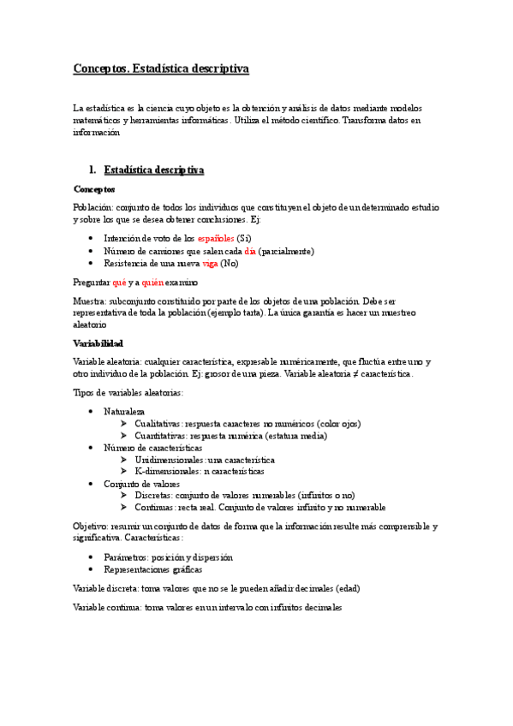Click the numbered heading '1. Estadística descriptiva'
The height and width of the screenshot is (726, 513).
153,170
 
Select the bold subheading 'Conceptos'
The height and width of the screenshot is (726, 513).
94,189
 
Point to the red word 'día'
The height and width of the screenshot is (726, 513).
250,251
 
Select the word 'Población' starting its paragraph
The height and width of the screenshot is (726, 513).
92,207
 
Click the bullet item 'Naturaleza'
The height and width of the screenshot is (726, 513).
125,411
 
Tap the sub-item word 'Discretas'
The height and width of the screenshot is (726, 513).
154,495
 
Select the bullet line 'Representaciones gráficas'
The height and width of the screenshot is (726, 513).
156,568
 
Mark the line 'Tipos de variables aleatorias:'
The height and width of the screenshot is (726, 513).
128,392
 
